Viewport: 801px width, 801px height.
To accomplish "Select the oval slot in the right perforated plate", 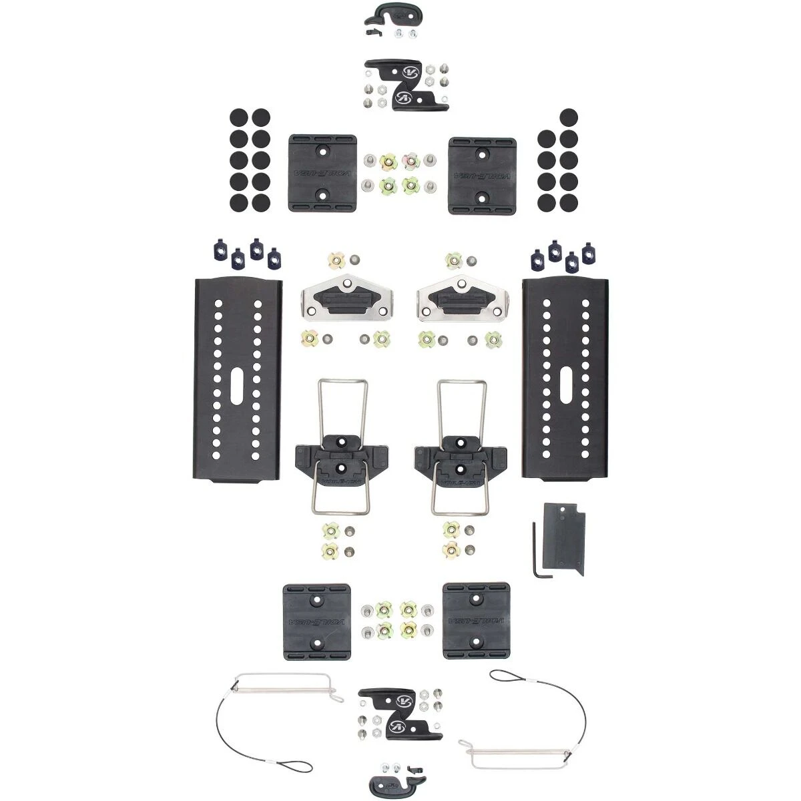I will [565, 385].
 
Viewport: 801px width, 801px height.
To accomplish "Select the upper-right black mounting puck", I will [483, 173].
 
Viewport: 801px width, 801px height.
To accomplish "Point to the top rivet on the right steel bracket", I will [461, 285].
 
